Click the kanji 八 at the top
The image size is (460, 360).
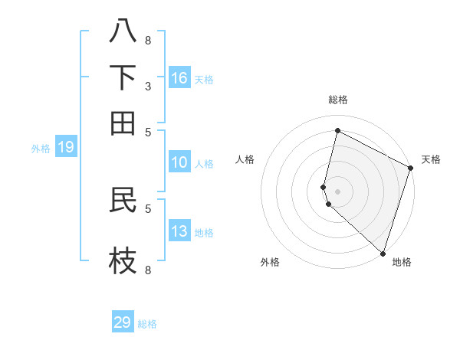tap(123, 32)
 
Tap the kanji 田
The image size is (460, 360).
tap(123, 123)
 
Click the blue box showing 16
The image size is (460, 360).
tap(179, 78)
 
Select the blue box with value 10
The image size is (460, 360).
tap(179, 162)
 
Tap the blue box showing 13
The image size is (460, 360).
tap(179, 231)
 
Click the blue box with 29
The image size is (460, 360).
tap(123, 322)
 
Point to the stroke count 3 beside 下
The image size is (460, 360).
tap(148, 87)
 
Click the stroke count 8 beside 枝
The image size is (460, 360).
tap(148, 270)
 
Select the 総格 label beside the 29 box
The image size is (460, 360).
tap(147, 324)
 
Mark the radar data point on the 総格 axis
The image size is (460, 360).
tap(337, 130)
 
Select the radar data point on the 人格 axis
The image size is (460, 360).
tap(324, 186)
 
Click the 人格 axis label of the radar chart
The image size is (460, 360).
tap(245, 159)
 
